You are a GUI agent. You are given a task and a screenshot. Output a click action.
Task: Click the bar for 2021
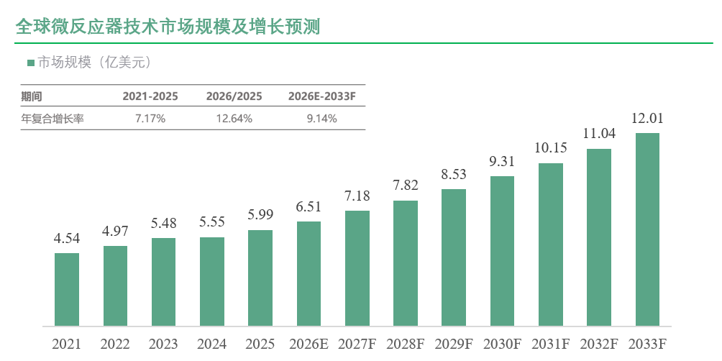click(x=67, y=290)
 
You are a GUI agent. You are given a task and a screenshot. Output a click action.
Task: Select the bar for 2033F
click(x=647, y=230)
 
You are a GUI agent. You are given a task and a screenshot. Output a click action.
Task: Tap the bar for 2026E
click(x=309, y=274)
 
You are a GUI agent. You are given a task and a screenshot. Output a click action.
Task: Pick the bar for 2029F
click(x=454, y=258)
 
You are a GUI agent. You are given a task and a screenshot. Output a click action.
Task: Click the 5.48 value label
click(x=163, y=224)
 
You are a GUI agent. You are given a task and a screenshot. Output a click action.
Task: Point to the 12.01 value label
click(x=647, y=119)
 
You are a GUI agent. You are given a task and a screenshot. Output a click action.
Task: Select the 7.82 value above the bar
click(x=405, y=185)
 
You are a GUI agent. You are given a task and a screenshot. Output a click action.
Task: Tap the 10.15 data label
click(x=551, y=148)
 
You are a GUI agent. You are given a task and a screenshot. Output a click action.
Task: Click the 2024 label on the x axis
click(x=212, y=344)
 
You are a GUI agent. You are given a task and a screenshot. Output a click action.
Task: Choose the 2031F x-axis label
click(x=551, y=344)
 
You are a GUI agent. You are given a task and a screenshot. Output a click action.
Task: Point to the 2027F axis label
click(x=357, y=344)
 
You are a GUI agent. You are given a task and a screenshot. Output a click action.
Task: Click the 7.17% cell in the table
click(x=150, y=119)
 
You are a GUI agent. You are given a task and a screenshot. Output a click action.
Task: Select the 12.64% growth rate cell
click(x=234, y=119)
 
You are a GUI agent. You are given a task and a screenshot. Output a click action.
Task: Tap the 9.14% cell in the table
click(x=322, y=119)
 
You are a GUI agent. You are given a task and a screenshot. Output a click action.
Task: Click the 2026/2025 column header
click(x=234, y=96)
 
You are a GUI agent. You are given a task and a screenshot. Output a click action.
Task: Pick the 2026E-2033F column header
click(x=322, y=96)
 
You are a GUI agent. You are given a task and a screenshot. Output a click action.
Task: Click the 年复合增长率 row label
click(x=52, y=119)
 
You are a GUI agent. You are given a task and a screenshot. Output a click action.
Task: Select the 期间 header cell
click(x=32, y=96)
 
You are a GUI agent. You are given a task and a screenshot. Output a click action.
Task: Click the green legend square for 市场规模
click(x=31, y=63)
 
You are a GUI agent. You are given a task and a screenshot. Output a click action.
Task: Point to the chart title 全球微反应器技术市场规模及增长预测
click(x=168, y=27)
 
